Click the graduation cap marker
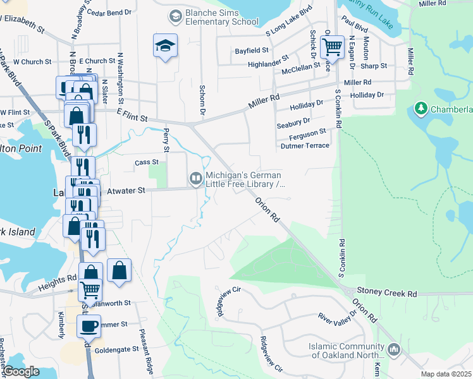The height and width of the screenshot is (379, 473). (165, 46)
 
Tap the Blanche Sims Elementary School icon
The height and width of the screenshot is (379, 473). (175, 15)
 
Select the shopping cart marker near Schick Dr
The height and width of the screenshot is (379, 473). (332, 46)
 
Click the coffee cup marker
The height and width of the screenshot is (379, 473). (89, 327)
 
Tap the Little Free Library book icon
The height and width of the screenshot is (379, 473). (196, 180)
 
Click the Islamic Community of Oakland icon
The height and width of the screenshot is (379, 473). (395, 349)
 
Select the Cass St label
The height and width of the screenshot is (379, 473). (146, 162)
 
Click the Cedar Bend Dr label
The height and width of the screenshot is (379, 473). (108, 12)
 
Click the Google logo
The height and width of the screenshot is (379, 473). (21, 372)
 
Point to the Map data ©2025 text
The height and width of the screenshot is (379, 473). (446, 374)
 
